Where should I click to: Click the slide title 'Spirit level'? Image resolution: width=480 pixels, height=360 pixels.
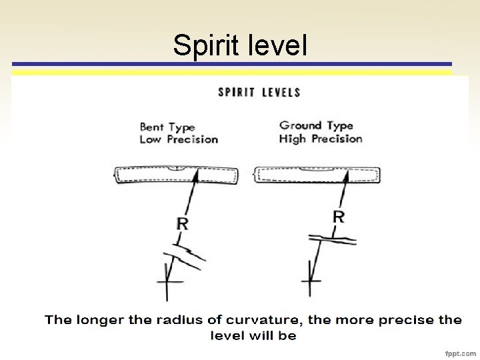pos(240,45)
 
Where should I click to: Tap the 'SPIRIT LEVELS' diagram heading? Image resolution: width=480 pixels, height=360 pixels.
pos(259,92)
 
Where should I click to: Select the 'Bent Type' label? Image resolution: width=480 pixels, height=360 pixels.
pos(167,127)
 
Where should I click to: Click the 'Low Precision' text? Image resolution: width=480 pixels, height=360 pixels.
pos(179,139)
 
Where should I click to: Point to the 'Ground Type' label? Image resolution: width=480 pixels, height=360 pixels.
pos(315,125)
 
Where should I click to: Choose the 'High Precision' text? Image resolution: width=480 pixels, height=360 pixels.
pos(321,139)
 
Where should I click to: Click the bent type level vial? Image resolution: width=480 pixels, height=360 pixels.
pos(176,175)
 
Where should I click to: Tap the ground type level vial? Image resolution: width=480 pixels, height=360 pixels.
pos(318,175)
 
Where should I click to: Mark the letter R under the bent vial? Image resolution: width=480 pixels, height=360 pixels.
pos(182,223)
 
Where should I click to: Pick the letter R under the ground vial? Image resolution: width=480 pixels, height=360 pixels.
pos(339,217)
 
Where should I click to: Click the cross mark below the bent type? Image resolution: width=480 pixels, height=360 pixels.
pos(169,283)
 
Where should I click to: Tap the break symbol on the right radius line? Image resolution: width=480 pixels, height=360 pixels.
pos(331,237)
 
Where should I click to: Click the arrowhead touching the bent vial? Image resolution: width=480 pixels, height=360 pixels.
pos(196,175)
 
